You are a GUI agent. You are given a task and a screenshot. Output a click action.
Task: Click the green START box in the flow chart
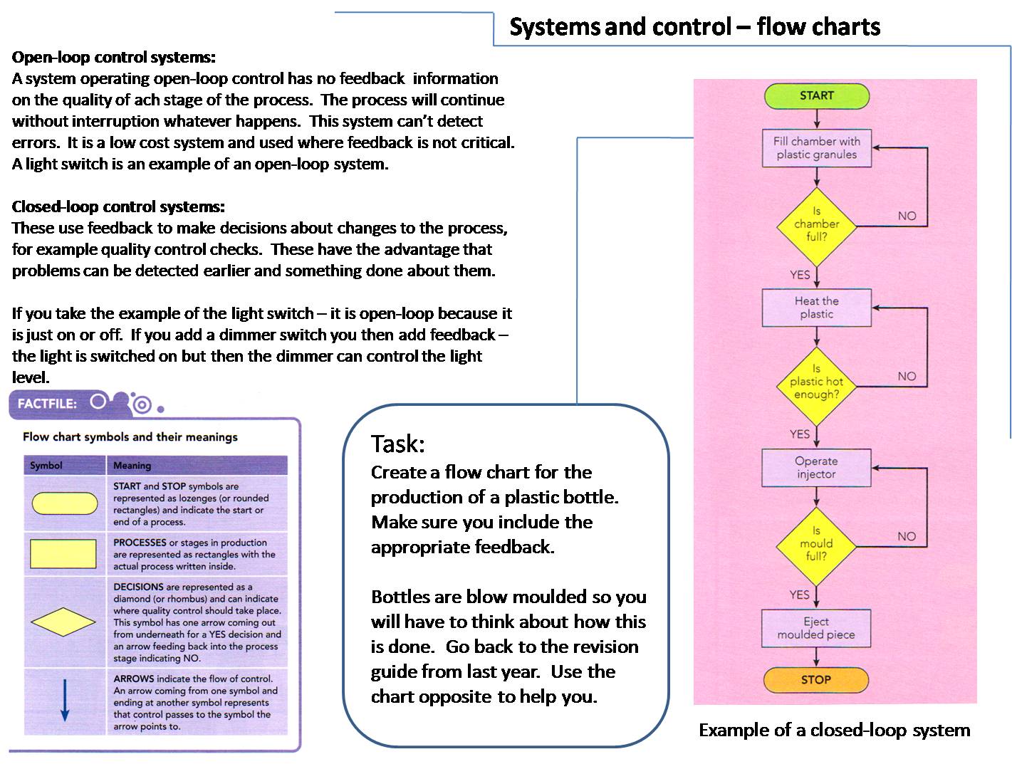click(x=816, y=95)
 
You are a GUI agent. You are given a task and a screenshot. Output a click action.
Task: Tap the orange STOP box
click(x=816, y=679)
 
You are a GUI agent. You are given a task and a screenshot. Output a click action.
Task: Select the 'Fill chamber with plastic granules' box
click(x=816, y=148)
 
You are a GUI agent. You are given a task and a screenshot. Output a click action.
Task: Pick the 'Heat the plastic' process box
click(x=816, y=308)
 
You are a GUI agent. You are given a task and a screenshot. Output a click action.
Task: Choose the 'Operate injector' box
click(x=816, y=468)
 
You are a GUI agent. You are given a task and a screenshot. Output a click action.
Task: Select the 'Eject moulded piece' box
click(x=816, y=628)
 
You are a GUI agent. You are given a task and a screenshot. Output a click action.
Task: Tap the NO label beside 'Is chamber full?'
click(x=907, y=216)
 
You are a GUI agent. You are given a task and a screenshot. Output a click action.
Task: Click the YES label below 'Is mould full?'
click(x=800, y=595)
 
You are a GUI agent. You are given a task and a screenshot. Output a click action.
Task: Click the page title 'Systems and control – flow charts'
click(x=695, y=27)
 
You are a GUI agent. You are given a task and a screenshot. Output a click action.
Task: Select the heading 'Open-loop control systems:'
click(x=114, y=57)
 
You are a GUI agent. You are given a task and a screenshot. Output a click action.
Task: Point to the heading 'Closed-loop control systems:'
click(x=118, y=206)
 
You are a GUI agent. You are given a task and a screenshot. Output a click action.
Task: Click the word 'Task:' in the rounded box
click(x=397, y=444)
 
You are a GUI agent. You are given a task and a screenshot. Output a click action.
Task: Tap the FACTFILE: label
click(x=47, y=404)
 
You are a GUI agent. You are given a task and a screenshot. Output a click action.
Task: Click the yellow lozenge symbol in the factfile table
click(x=64, y=503)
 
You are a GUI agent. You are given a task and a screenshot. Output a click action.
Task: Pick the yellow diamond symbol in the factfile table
click(x=64, y=622)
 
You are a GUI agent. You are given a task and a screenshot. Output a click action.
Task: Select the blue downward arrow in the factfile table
click(x=64, y=701)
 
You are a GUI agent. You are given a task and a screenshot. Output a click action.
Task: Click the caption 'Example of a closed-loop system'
click(x=834, y=730)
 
